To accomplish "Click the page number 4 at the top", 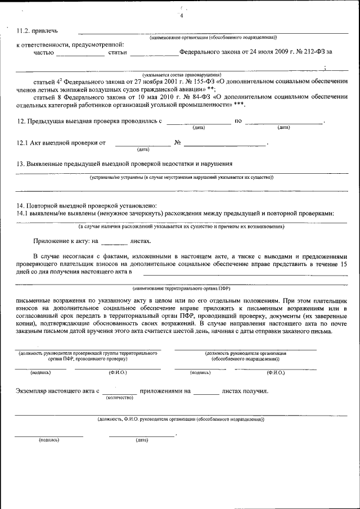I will click(x=181, y=16).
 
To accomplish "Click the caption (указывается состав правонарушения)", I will click(x=182, y=74).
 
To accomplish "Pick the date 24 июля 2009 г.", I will click(x=256, y=52).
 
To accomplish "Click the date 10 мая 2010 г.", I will click(x=138, y=96).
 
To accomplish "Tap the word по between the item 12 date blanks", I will click(x=238, y=121).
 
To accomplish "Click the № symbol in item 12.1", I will click(x=178, y=143).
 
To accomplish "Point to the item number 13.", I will click(x=21, y=164).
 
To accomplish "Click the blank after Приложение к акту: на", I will click(x=115, y=241).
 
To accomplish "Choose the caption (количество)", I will click(x=119, y=398).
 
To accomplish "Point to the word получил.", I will click(x=256, y=390).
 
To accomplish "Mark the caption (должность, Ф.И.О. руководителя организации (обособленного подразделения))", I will click(x=181, y=419).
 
